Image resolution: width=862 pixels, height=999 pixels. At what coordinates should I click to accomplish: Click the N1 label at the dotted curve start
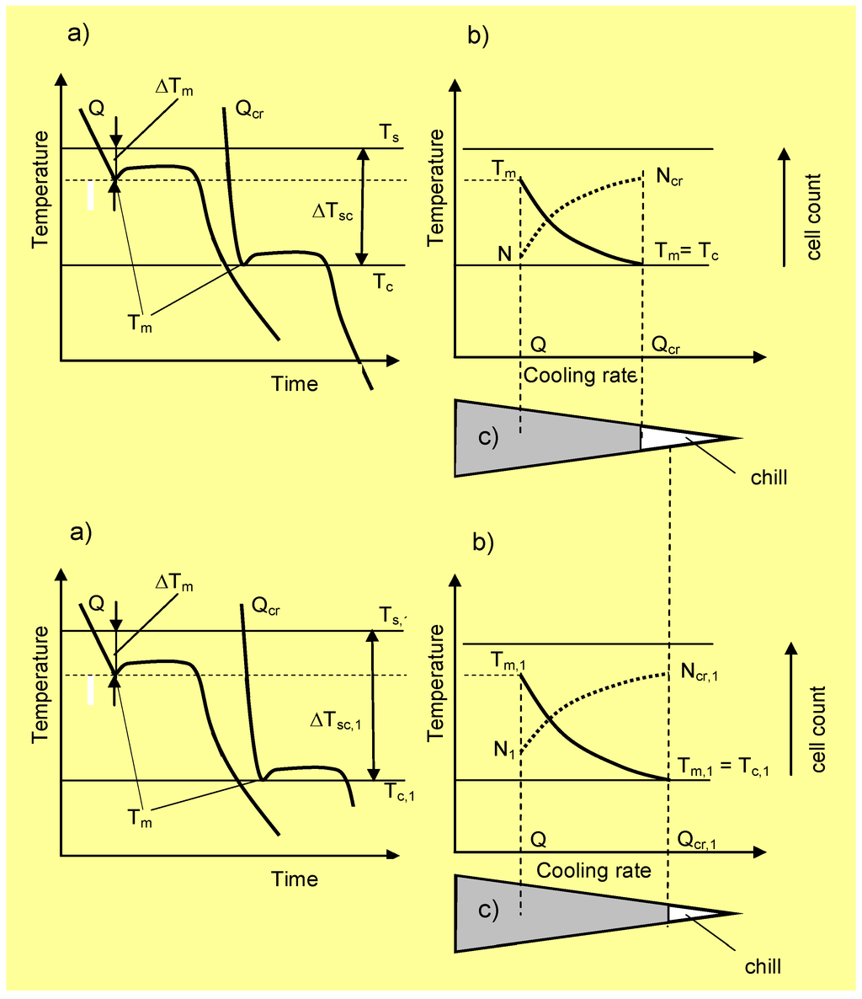[x=505, y=748]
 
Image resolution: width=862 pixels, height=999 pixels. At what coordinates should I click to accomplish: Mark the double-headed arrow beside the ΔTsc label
[x=363, y=206]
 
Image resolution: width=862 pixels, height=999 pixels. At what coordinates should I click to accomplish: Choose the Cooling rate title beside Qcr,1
[x=593, y=869]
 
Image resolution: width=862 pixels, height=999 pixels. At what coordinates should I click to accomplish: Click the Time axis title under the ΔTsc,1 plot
[x=295, y=879]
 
